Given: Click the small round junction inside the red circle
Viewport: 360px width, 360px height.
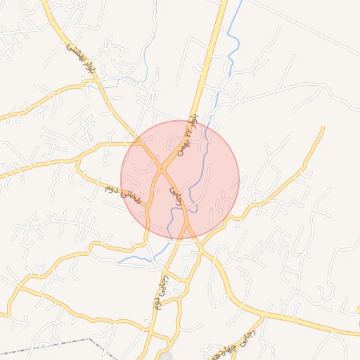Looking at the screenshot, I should (161, 169).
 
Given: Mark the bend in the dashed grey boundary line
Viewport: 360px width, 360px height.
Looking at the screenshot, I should (89, 339).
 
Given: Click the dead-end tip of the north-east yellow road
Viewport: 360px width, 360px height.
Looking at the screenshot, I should (323, 127).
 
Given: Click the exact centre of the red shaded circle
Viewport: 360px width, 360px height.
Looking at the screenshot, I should (180, 180).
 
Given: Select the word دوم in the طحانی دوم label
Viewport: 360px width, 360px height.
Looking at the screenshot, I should (111, 189).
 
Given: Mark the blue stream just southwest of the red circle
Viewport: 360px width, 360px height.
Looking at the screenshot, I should (137, 259).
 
